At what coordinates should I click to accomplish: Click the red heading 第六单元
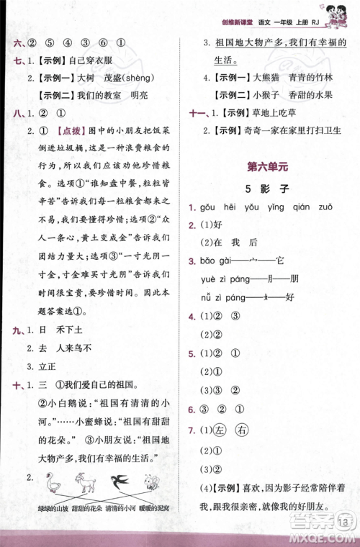pos(266,167)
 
